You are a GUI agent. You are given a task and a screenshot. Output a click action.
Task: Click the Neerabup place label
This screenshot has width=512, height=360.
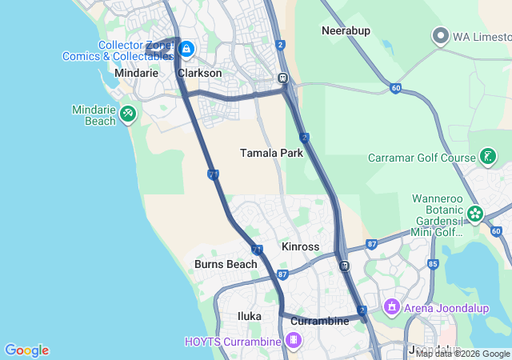(x=344, y=30)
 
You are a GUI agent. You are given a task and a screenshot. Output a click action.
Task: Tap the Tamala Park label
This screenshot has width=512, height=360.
(x=271, y=153)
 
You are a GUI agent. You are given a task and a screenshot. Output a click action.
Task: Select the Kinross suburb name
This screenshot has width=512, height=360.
(x=301, y=246)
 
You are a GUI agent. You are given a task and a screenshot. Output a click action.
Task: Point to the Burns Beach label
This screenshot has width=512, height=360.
(x=226, y=264)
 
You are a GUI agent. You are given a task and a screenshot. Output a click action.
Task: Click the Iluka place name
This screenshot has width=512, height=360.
(x=250, y=316)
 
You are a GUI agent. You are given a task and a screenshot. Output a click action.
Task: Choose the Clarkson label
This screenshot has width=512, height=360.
(x=199, y=73)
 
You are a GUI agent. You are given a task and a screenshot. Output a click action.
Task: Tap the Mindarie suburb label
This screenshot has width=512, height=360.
(x=137, y=73)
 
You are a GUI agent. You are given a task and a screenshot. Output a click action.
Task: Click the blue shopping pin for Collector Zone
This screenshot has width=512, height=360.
(x=186, y=50)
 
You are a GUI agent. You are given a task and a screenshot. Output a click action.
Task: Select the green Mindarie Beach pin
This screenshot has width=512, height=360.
(x=127, y=114)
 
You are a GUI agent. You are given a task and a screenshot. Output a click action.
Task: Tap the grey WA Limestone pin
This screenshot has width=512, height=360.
(x=440, y=36)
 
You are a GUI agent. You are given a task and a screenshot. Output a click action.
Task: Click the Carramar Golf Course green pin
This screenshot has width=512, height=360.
(x=487, y=157)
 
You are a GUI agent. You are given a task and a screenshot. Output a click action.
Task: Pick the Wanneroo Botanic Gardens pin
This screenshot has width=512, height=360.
(x=475, y=214)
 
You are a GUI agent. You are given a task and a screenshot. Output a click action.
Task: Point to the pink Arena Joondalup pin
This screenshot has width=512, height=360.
(x=391, y=306)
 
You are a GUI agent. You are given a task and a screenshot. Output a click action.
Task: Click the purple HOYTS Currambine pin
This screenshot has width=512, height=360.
(x=294, y=342)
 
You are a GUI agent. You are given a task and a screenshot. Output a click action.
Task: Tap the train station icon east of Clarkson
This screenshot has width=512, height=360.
(x=282, y=78)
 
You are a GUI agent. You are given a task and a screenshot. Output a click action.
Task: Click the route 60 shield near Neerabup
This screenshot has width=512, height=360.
(x=396, y=88)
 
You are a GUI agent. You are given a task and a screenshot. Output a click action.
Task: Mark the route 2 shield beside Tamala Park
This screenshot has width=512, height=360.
(x=305, y=138)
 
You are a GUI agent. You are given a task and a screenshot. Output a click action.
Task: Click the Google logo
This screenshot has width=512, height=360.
(x=26, y=350)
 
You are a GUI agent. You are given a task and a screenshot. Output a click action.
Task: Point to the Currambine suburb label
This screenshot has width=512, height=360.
(x=319, y=321)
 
